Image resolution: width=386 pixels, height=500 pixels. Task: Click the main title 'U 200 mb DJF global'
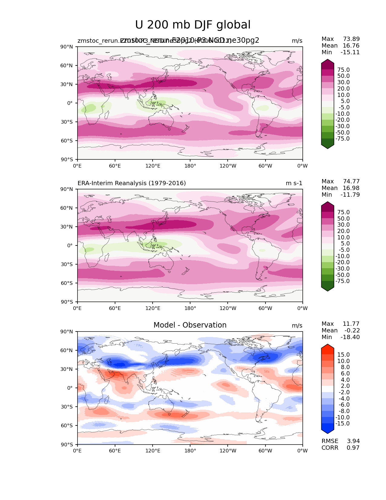pos(193,25)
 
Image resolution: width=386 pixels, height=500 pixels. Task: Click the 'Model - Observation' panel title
pos(190,325)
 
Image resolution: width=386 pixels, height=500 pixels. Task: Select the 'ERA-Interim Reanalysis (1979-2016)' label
pos(132,183)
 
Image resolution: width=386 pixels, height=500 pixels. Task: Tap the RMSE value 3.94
pos(353,441)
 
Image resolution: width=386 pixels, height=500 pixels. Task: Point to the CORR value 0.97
pos(353,448)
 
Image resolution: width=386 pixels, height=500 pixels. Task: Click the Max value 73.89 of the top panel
pos(351,39)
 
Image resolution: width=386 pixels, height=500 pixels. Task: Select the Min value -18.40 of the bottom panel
pos(350,337)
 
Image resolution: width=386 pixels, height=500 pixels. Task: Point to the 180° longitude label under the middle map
pos(190,308)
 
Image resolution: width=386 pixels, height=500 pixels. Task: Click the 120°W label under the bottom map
pos(228,451)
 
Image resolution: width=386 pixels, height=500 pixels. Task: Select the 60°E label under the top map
pos(115,166)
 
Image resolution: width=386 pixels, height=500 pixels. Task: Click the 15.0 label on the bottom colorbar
pos(343,355)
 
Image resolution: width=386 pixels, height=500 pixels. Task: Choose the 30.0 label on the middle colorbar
pos(343,225)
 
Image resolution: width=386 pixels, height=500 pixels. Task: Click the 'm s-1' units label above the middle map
pos(294,183)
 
